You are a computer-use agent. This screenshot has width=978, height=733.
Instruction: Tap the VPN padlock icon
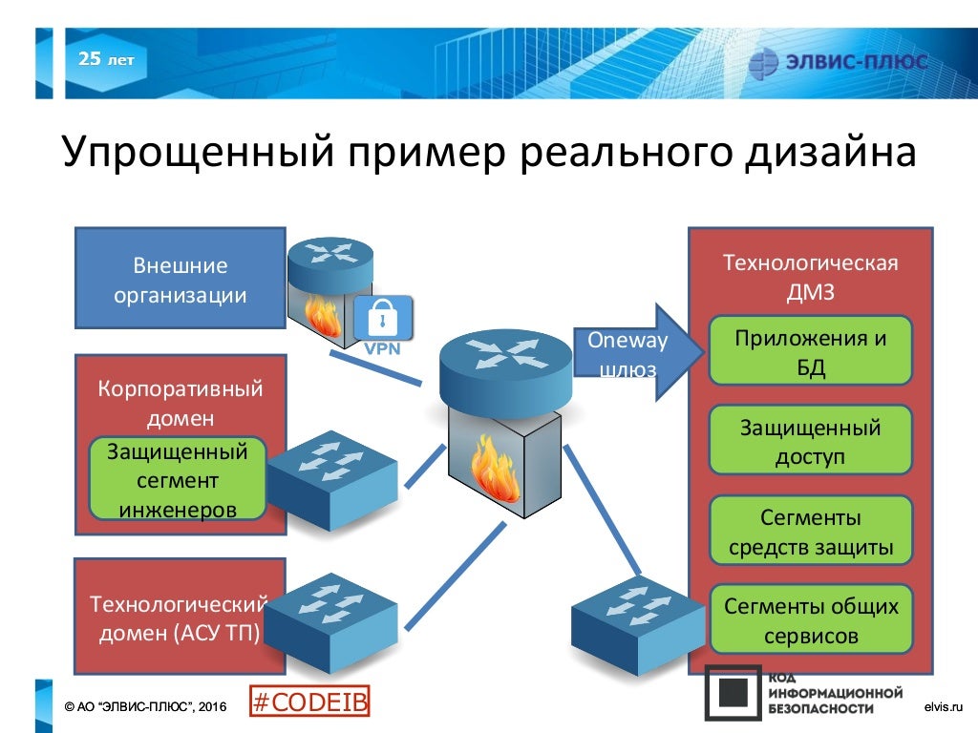click(x=383, y=320)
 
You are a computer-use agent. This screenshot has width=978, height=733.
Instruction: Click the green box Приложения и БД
click(x=810, y=350)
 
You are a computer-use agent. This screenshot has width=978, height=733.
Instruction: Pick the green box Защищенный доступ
click(x=810, y=440)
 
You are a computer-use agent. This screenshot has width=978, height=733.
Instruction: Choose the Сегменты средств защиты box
click(x=810, y=532)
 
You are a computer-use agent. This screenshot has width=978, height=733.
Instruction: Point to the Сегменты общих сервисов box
click(x=810, y=619)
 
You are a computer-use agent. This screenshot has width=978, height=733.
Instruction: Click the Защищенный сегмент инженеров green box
click(x=177, y=479)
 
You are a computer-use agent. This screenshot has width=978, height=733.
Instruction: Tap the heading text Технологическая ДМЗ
click(x=810, y=277)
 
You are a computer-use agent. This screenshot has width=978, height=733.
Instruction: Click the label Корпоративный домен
click(x=180, y=403)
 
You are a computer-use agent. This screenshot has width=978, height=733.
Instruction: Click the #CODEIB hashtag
click(x=309, y=702)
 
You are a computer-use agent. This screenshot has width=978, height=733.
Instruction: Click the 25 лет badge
click(x=105, y=60)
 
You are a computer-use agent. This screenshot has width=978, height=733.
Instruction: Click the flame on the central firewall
click(x=495, y=469)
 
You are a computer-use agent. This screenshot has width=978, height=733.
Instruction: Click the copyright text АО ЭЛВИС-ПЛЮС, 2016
click(x=144, y=706)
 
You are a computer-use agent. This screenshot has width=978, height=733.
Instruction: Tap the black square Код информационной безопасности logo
click(x=733, y=692)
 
